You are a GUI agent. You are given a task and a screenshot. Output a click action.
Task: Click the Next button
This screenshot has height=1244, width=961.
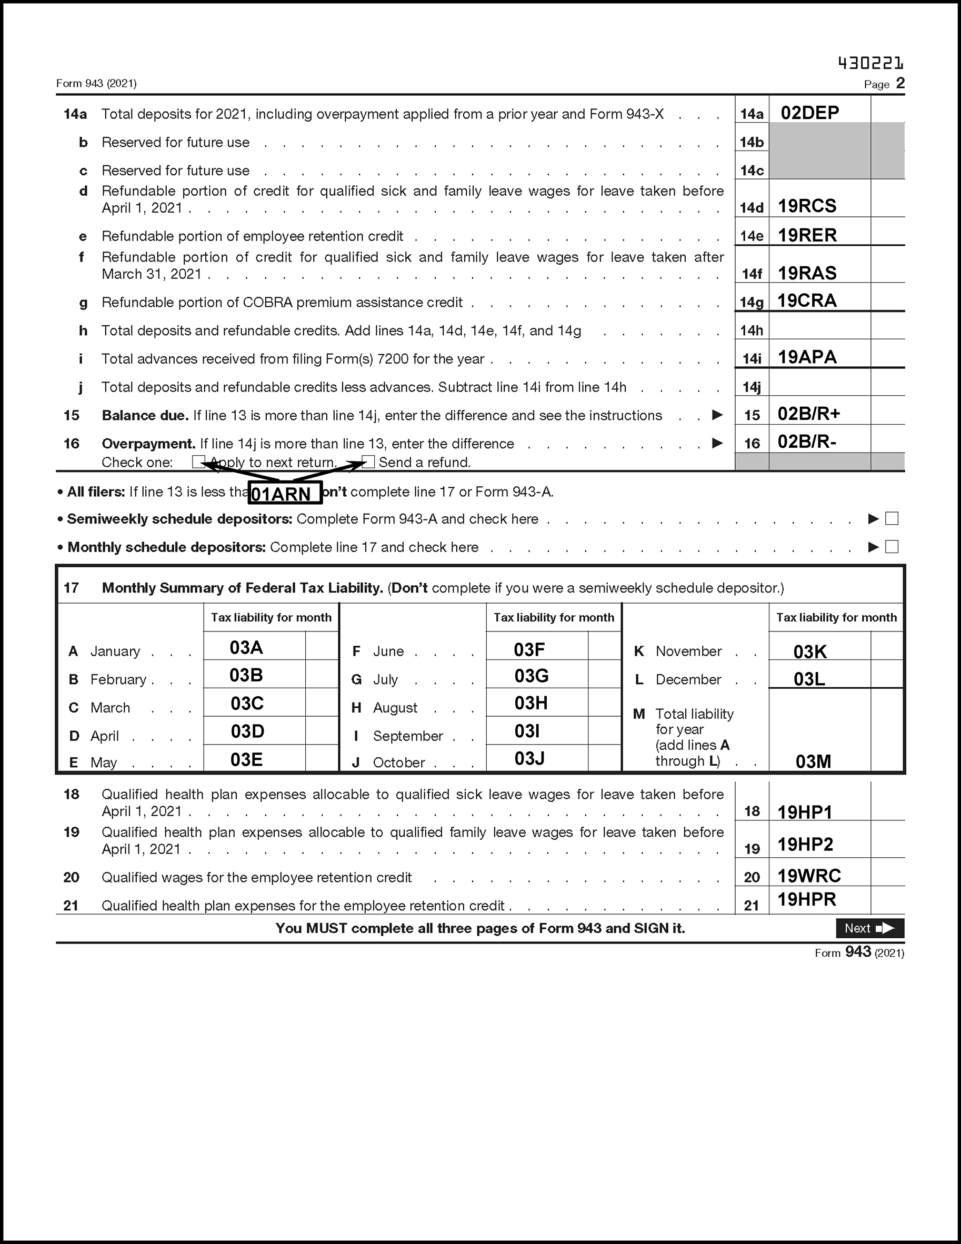[x=869, y=928]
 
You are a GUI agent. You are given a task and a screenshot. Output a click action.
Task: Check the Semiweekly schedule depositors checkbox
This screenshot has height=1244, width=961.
[x=892, y=518]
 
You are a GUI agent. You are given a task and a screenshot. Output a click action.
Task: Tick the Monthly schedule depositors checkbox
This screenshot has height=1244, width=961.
[x=892, y=547]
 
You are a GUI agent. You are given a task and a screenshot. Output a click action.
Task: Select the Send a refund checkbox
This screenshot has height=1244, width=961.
[x=368, y=462]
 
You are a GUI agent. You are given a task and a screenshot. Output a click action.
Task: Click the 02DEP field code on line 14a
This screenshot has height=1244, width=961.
[x=809, y=113]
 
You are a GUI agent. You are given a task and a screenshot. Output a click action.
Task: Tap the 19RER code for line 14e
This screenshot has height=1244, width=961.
[x=807, y=235]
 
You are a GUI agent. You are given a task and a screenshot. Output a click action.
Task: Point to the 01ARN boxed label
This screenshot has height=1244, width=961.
[x=285, y=493]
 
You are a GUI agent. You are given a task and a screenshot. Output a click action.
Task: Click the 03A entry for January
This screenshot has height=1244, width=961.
[x=246, y=648]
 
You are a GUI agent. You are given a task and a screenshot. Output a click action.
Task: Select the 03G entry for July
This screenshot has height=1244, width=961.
[x=532, y=676]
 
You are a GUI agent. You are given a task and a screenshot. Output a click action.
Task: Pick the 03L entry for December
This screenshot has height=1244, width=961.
[x=809, y=679]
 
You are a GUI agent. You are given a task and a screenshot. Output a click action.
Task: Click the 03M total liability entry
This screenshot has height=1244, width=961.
[x=813, y=761]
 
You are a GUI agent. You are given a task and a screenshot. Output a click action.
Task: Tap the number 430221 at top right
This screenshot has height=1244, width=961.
[x=870, y=63]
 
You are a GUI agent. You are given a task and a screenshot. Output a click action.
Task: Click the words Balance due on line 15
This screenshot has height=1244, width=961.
[x=145, y=416]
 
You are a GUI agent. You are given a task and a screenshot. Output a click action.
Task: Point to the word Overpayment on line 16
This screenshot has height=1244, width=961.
[x=148, y=444]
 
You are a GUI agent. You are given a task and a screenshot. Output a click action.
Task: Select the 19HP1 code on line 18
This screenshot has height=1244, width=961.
[x=805, y=812]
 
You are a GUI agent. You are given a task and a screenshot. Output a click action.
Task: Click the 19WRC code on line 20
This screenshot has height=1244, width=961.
[x=809, y=876]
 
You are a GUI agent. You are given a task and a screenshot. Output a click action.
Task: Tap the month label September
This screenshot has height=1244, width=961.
[x=408, y=736]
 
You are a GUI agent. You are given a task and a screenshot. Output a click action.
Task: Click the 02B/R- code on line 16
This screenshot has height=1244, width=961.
[x=807, y=442]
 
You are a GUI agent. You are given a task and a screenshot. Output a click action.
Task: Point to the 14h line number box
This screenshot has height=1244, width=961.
[x=752, y=330]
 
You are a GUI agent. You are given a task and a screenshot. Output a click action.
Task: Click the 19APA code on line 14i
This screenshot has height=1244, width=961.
[x=807, y=357]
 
